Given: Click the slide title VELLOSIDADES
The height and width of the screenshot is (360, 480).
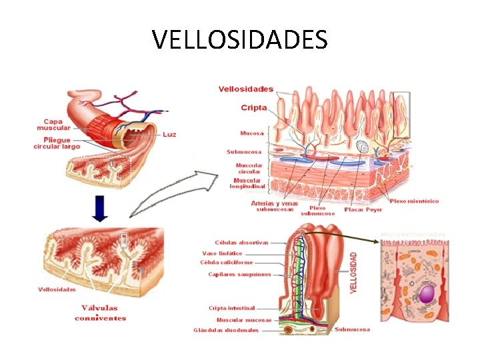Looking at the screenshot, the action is coord(240,39).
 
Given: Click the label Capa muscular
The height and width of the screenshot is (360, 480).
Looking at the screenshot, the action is coord(49,125).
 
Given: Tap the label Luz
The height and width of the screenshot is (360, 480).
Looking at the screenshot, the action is coord(169,134).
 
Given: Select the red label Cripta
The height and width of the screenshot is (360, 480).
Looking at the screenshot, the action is coord(253,107).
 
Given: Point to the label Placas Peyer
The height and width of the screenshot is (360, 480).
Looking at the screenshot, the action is coord(363,209).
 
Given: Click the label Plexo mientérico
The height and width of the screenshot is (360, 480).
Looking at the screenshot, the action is coord(414,201).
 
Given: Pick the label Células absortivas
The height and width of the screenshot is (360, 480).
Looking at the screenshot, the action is coord(241,243).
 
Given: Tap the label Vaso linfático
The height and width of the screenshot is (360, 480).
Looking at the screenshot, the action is coord(222,253).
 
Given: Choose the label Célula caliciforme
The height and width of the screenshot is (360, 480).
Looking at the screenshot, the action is coord(227,263).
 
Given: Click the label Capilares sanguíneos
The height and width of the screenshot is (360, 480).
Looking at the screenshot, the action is coord(239,274).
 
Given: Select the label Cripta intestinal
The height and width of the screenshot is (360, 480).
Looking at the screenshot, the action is coord(231,308).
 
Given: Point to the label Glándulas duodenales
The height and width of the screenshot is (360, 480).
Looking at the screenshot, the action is coord(226,330).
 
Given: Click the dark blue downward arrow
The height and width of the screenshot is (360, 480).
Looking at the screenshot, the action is coord(99,209).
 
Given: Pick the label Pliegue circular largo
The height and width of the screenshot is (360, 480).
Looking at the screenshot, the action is coord(57,143).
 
